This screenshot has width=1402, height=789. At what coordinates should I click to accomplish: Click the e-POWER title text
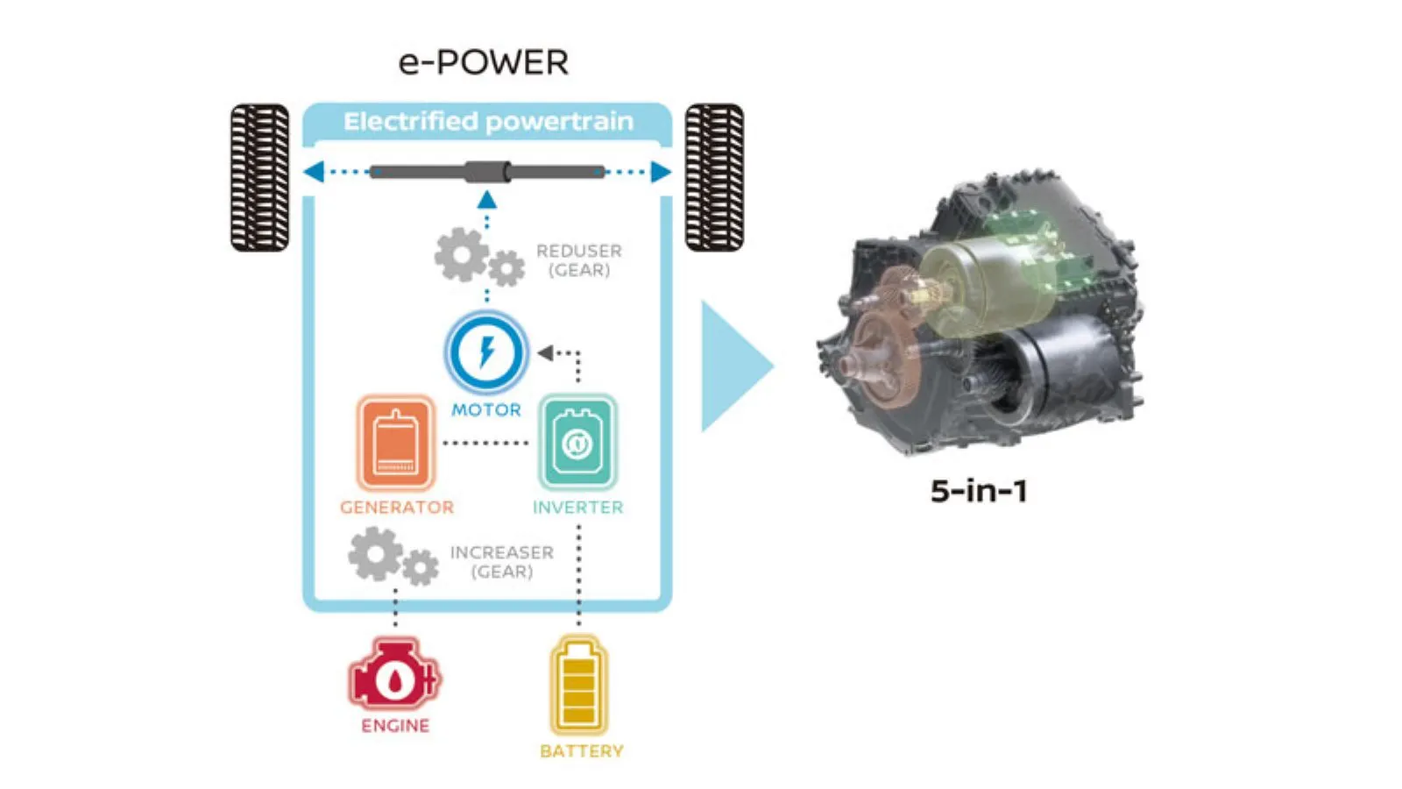483,62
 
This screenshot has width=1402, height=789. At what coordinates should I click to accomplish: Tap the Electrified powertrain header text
487,121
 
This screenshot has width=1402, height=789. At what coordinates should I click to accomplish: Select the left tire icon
259,177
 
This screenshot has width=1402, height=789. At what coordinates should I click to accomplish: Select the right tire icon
714,177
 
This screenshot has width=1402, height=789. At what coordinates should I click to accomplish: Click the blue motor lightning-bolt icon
486,352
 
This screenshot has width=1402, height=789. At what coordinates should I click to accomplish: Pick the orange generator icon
395,443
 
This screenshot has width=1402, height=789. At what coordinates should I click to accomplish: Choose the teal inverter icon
577,443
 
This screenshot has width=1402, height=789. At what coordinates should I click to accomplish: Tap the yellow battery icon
578,686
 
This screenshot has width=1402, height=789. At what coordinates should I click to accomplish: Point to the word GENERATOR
397,508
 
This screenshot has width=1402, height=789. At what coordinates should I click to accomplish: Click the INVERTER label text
577,508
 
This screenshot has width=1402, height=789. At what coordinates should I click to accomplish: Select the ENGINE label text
395,726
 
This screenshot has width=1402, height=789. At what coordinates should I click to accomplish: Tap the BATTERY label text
581,751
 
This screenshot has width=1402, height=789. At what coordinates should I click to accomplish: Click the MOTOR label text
485,409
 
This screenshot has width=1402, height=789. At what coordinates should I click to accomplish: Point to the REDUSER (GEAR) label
578,260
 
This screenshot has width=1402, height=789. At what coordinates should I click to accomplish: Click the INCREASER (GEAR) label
501,562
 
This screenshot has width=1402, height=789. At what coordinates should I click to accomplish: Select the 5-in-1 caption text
978,491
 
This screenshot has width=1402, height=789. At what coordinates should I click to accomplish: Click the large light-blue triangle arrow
732,366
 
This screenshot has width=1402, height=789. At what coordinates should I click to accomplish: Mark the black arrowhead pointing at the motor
545,352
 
